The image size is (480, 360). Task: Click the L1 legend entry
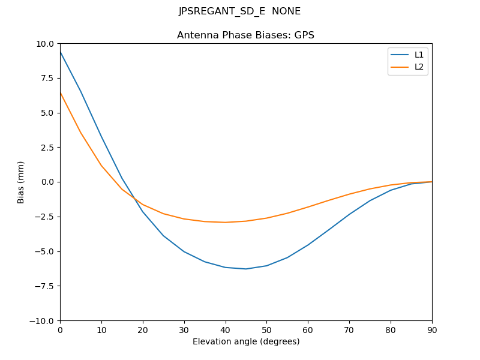419,55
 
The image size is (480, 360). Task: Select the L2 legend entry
419,67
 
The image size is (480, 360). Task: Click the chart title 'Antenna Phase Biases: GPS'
245,35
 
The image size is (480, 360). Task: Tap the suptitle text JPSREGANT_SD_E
221,11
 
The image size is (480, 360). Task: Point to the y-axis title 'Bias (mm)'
21,182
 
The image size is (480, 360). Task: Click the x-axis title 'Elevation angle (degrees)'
246,342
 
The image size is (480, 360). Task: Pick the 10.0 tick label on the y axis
44,44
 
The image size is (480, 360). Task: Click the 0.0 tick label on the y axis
47,182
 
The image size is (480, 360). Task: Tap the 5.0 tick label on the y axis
47,113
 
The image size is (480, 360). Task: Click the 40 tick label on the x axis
225,329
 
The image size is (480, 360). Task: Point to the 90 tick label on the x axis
431,329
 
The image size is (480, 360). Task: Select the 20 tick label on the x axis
143,329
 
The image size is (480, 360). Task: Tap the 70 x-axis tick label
349,329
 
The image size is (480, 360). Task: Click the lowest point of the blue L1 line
246,269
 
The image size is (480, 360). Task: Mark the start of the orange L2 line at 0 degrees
61,92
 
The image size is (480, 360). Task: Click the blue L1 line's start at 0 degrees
61,52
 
